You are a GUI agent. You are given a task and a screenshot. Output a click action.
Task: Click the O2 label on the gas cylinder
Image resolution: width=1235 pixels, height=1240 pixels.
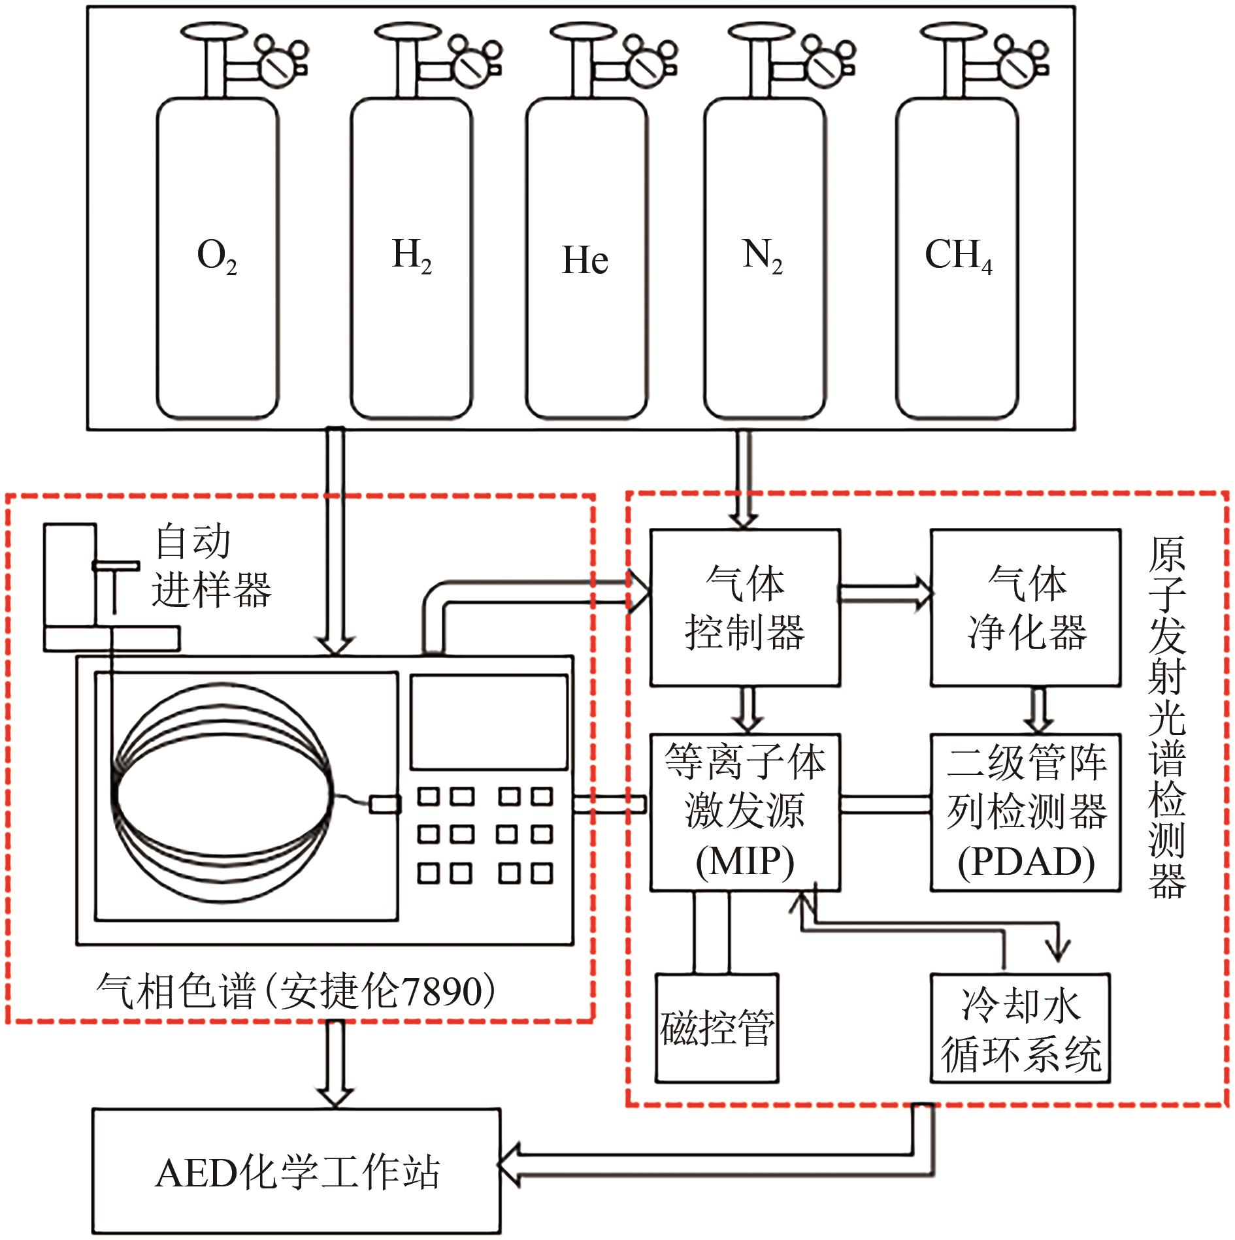click(x=217, y=256)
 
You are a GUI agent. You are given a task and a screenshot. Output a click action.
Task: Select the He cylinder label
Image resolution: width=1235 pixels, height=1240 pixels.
click(x=585, y=260)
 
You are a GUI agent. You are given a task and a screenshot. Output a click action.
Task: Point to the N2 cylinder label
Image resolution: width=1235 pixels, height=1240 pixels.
click(x=762, y=256)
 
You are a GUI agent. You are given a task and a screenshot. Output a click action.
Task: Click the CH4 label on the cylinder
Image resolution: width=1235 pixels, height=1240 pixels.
click(x=958, y=256)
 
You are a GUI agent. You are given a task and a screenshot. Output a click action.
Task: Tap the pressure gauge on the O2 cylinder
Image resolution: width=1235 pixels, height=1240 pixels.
click(x=279, y=64)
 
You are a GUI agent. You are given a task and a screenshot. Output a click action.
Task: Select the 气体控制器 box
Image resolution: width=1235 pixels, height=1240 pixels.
click(x=745, y=608)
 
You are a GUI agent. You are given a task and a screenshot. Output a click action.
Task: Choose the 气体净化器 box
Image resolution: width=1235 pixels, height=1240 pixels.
click(x=1026, y=608)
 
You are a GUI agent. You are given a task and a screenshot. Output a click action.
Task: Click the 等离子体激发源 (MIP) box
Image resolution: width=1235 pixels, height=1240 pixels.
click(x=745, y=812)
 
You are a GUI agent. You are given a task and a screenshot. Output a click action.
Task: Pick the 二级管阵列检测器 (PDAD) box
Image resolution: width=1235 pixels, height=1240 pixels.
click(x=1026, y=812)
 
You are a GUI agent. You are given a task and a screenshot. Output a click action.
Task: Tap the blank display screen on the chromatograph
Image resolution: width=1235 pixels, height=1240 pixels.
click(x=489, y=722)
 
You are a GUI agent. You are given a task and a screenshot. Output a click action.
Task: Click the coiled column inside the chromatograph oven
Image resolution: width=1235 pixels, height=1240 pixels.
click(x=222, y=794)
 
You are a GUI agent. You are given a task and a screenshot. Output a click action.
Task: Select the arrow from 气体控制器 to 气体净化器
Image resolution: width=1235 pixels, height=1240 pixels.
click(x=885, y=593)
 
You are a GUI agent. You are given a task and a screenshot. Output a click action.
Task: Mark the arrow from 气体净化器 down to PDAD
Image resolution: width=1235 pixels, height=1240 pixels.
click(x=1038, y=710)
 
